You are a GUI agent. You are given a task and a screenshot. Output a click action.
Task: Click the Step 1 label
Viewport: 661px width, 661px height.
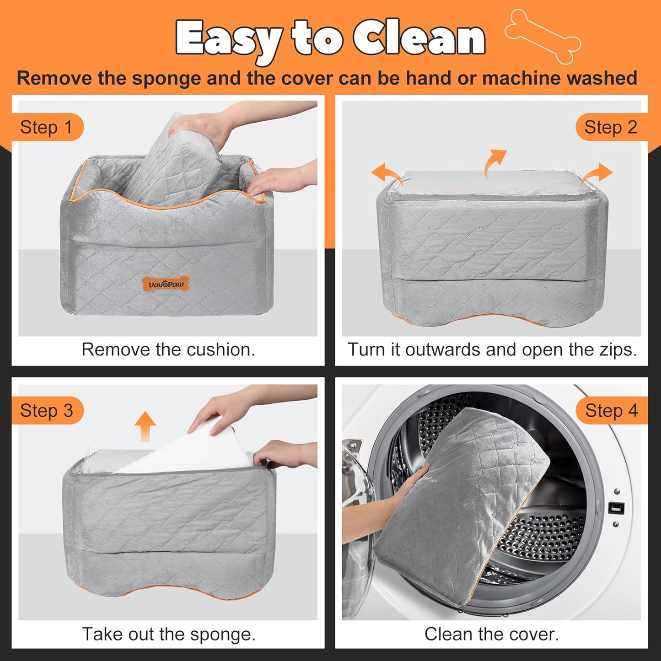click(x=46, y=127)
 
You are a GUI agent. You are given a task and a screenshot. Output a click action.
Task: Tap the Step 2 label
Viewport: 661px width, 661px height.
click(x=611, y=127)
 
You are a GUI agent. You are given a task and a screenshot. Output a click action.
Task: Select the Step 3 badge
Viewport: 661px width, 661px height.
click(x=46, y=410)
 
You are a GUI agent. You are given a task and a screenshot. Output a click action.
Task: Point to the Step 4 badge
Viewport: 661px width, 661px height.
click(x=611, y=410)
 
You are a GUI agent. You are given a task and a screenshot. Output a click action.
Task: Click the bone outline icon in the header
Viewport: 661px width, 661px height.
click(x=543, y=36)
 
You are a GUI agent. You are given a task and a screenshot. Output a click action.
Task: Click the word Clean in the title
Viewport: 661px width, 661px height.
click(x=419, y=38)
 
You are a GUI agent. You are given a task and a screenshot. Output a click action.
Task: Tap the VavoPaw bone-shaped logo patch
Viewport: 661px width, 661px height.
click(x=166, y=284)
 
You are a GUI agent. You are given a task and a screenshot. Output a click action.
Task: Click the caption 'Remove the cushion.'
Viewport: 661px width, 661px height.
click(x=168, y=349)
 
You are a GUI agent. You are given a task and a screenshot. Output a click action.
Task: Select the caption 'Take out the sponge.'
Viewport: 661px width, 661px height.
click(x=168, y=634)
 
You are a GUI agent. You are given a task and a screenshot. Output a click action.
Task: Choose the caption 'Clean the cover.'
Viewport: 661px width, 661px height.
click(x=491, y=634)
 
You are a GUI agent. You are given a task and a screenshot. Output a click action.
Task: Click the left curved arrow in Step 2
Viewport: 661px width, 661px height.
click(x=387, y=174)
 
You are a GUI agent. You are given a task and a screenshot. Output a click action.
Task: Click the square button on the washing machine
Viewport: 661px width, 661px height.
click(x=616, y=507)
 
